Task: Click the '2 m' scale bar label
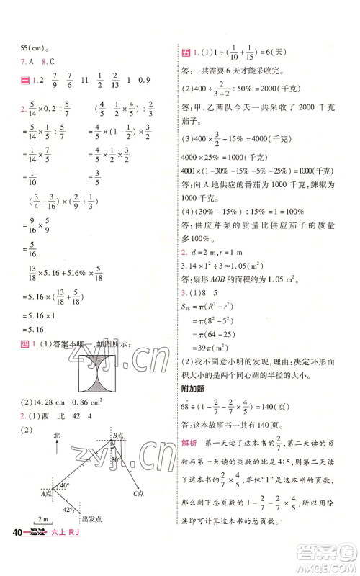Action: pyautogui.click(x=42, y=539)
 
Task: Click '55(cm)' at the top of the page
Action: pyautogui.click(x=33, y=49)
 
